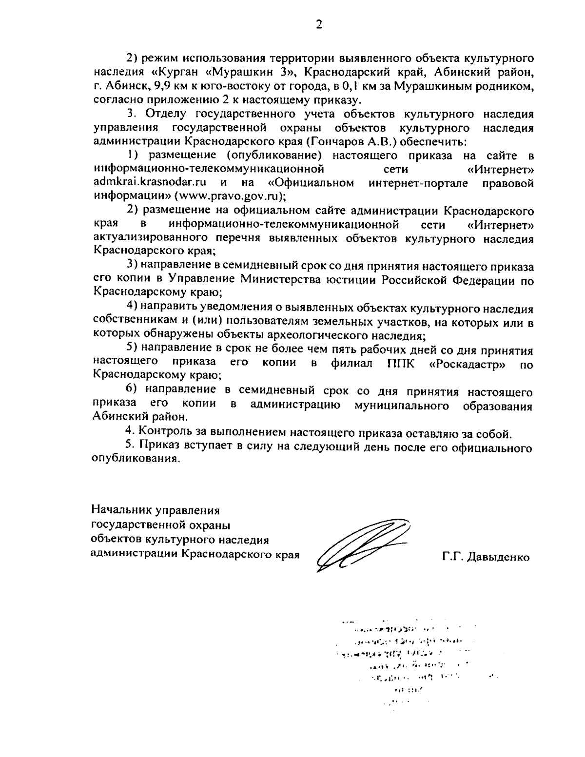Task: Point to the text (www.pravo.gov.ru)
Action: tap(226, 197)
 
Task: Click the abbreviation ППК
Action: tap(401, 364)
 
